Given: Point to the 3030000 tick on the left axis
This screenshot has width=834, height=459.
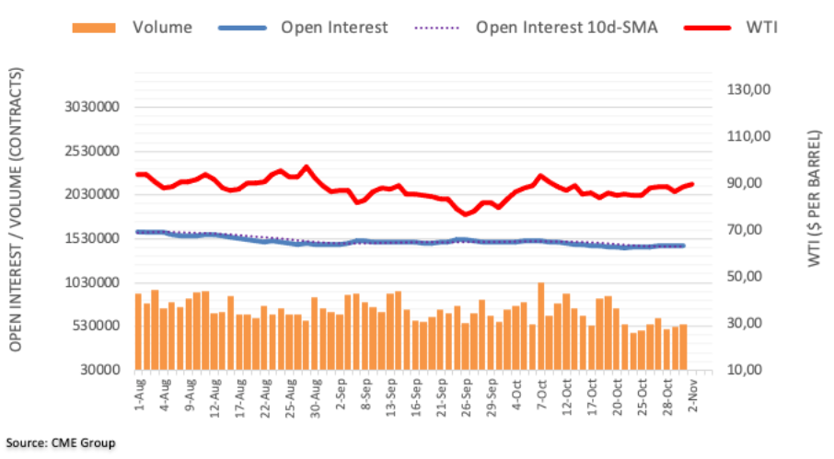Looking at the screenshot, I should pos(95,108).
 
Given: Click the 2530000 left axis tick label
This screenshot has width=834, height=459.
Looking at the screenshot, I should pos(95,151).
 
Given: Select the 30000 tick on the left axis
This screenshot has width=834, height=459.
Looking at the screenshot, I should pos(103,370).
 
